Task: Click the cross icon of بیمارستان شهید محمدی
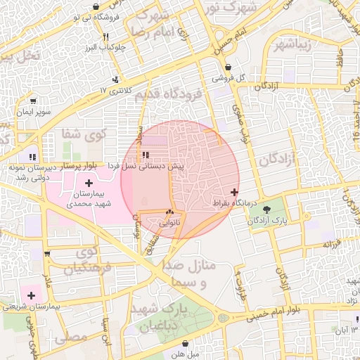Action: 88,183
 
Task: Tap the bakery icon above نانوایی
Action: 169,212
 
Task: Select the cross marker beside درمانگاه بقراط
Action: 234,192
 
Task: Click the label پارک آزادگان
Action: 269,220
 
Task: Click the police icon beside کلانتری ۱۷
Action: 115,80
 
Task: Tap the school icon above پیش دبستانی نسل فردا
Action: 145,155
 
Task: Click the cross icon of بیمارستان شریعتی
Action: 32,295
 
